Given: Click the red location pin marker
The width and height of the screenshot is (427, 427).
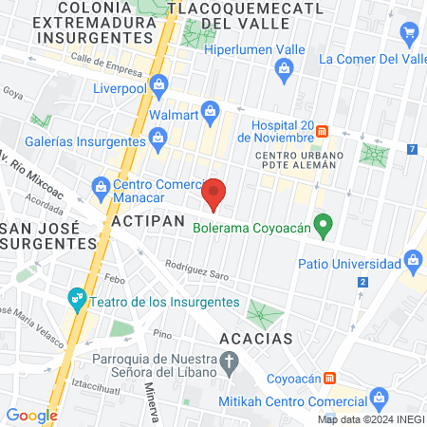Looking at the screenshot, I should pyautogui.click(x=215, y=193).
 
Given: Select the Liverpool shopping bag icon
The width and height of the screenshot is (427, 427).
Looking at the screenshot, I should pyautogui.click(x=160, y=90).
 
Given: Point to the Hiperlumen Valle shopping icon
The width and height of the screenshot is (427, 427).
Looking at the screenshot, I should pyautogui.click(x=283, y=67).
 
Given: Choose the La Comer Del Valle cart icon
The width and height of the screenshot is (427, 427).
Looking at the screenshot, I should pyautogui.click(x=410, y=34).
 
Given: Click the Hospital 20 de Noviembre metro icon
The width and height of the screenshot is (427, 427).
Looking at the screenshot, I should pyautogui.click(x=323, y=129).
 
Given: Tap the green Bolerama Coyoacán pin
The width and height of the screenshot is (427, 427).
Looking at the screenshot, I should pyautogui.click(x=324, y=226).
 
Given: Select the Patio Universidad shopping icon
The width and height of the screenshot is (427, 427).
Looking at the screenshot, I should pyautogui.click(x=412, y=258).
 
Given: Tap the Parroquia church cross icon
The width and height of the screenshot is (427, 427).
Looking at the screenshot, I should pyautogui.click(x=229, y=361).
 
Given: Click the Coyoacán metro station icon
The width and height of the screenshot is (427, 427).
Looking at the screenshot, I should pyautogui.click(x=329, y=377).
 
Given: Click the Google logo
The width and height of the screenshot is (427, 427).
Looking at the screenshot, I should pyautogui.click(x=31, y=415).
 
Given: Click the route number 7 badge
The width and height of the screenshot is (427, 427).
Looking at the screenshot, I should pyautogui.click(x=411, y=150).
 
